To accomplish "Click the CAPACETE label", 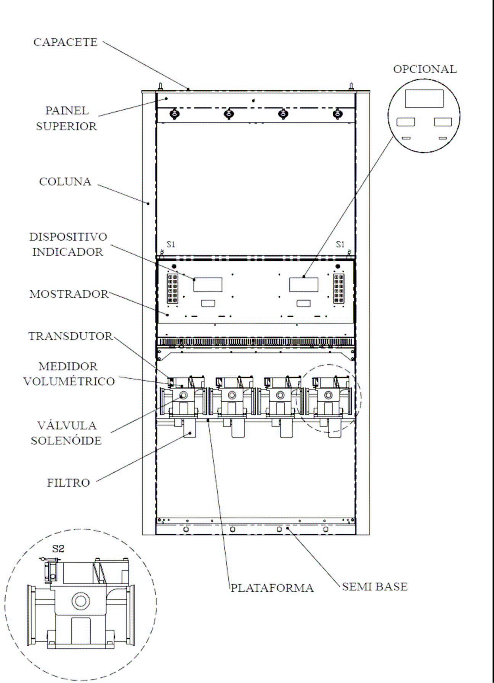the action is (x=66, y=42).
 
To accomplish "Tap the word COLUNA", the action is (x=65, y=181).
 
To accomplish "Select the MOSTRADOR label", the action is (x=69, y=294).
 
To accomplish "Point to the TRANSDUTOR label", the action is (x=71, y=336).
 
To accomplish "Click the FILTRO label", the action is (x=69, y=483).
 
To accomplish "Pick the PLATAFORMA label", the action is (x=272, y=588).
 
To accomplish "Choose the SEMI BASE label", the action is (x=375, y=587).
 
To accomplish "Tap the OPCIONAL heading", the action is (x=425, y=69).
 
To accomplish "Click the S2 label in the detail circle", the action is (x=58, y=549).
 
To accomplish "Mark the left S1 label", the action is (x=171, y=244).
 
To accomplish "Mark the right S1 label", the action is (x=340, y=244).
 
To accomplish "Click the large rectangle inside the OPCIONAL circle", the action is (x=424, y=99).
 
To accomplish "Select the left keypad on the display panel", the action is (x=173, y=289).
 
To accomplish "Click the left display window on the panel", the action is (x=208, y=285).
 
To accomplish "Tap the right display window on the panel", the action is (x=304, y=285).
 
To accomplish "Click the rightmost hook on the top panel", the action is (x=337, y=114).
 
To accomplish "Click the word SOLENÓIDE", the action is (x=66, y=441).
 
